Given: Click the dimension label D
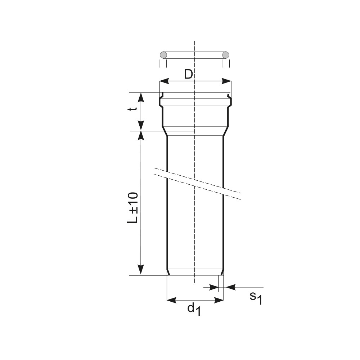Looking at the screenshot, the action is coord(188,74).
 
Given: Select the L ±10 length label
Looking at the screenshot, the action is coord(133,208).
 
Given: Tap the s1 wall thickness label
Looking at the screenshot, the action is coord(256,298).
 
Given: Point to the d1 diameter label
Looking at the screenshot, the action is coord(194,309).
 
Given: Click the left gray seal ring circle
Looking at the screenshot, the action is coord(163,55).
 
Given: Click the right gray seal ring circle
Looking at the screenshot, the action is coord(226,55).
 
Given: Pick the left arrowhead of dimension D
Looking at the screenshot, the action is coord(164,81).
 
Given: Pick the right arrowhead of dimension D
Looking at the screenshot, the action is coord(226,81).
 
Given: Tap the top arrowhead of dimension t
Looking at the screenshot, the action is coord(141,97).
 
